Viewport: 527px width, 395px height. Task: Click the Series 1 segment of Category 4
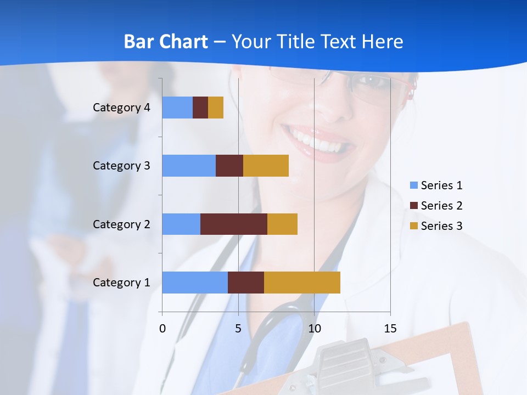click(177, 108)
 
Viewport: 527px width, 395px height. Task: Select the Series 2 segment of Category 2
click(234, 224)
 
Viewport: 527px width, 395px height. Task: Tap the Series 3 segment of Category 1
click(302, 283)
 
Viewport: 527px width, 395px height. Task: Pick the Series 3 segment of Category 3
click(266, 166)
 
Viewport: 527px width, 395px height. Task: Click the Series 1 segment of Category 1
click(195, 283)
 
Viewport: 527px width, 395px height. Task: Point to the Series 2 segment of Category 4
click(200, 108)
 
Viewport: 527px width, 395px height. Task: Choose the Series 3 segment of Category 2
click(282, 224)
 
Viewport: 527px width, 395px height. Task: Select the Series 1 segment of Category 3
click(189, 166)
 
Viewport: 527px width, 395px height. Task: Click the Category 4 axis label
click(121, 108)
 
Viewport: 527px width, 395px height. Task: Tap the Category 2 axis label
click(121, 224)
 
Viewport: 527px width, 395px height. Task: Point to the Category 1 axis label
click(121, 283)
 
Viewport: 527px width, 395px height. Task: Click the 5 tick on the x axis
click(238, 329)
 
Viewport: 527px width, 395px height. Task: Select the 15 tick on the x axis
click(390, 329)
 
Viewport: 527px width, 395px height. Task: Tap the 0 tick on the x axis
click(162, 329)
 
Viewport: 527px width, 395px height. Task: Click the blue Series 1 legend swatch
click(413, 185)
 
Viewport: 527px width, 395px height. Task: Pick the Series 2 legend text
click(441, 206)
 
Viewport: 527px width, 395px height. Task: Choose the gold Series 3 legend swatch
click(413, 226)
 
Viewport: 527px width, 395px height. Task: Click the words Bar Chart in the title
click(165, 42)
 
